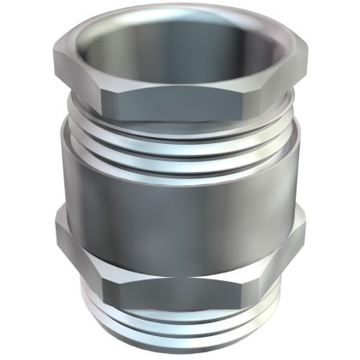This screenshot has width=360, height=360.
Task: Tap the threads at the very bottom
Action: pos(180,330)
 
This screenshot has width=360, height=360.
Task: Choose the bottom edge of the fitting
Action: pos(180,350)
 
